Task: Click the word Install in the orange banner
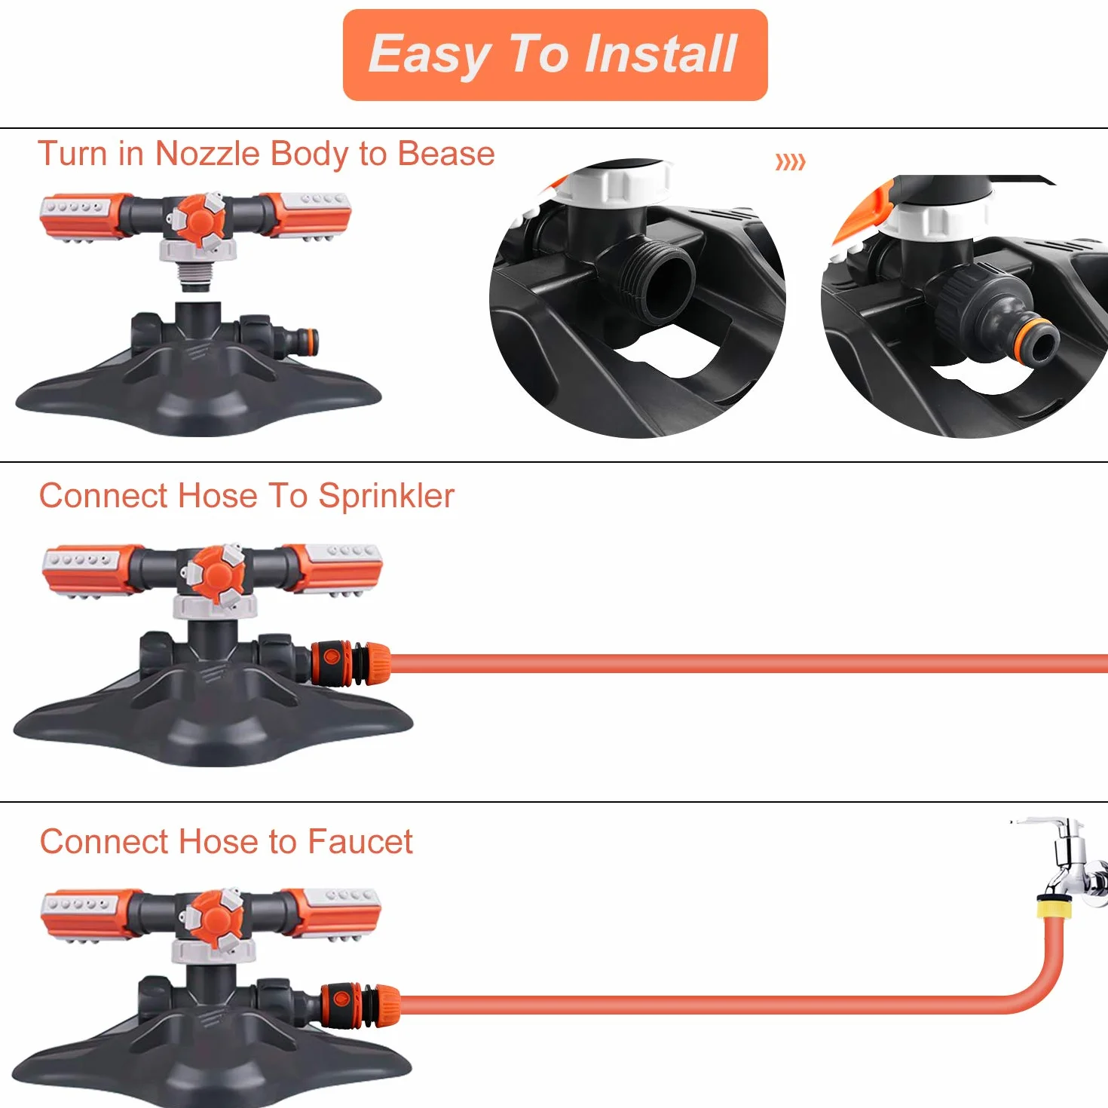tap(661, 54)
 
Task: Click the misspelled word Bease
tap(446, 154)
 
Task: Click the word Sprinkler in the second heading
tap(387, 496)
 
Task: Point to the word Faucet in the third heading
tap(360, 841)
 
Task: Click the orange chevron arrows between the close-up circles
tap(790, 162)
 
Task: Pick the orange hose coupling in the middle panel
tap(350, 663)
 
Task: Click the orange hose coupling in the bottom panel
tap(360, 1005)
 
